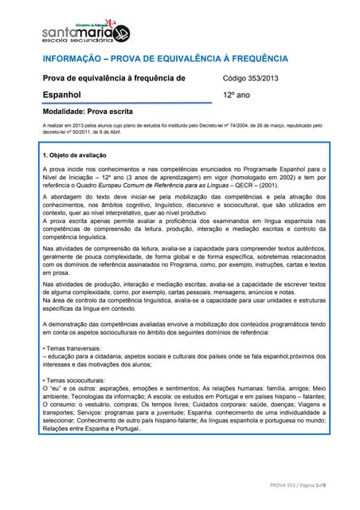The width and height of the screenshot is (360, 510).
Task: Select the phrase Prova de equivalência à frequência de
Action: (113, 78)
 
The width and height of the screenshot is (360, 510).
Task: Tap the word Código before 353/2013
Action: (236, 78)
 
